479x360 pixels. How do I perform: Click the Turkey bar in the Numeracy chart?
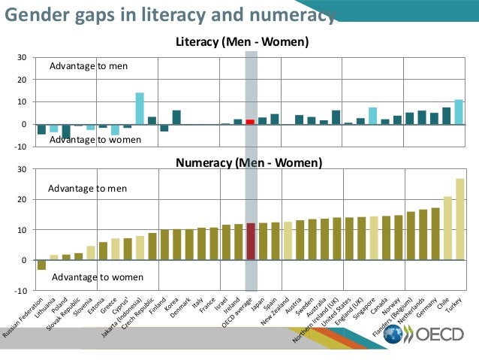(459, 219)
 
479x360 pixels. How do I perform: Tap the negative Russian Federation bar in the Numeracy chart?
(41, 265)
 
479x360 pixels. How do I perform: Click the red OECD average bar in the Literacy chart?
(251, 122)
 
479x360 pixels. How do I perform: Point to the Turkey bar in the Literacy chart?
(459, 112)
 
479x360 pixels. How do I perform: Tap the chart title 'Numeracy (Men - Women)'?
(249, 162)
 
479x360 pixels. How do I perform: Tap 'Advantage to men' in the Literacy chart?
(88, 66)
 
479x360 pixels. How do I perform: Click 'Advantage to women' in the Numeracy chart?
(97, 277)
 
